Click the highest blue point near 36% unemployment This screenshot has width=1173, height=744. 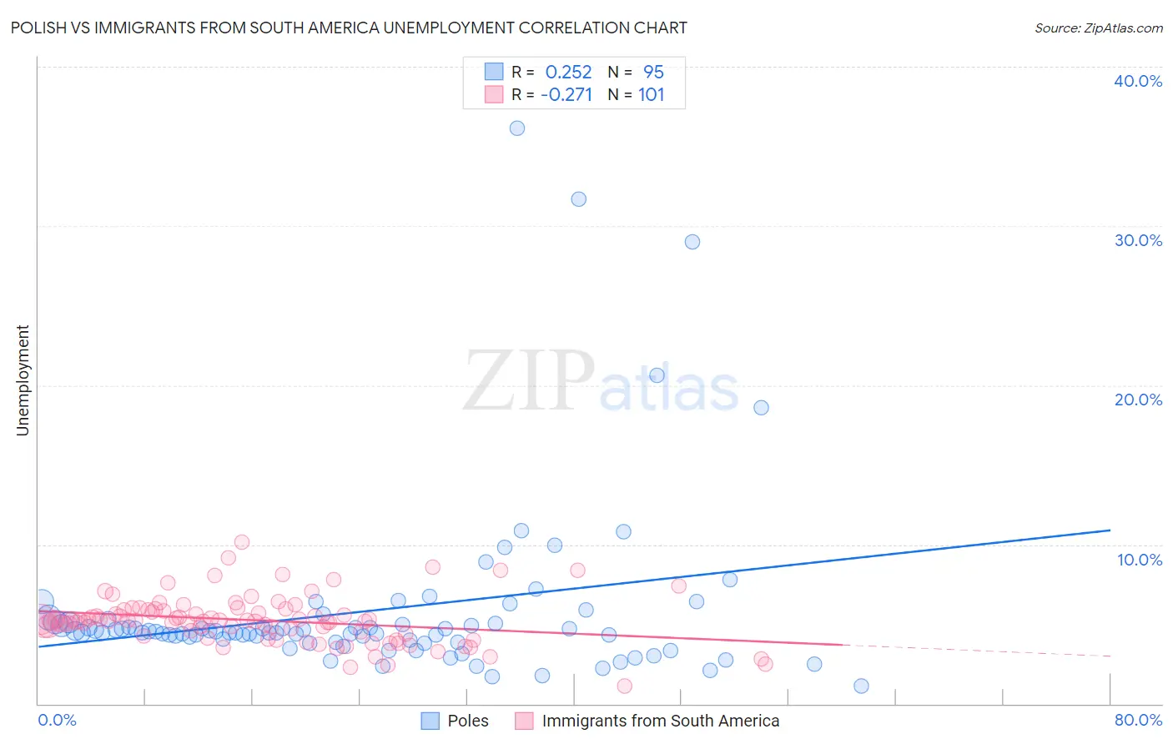click(517, 128)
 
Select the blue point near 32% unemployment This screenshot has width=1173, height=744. click(578, 199)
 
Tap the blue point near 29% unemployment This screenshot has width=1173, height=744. click(692, 242)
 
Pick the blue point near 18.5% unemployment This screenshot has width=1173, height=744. click(761, 408)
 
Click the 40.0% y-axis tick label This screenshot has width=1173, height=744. click(1138, 81)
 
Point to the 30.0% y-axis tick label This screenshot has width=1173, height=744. click(1138, 240)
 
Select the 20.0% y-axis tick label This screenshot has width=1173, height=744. click(1138, 400)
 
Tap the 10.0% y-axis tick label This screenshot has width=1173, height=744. click(1140, 560)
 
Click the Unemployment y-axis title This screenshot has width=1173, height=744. click(23, 380)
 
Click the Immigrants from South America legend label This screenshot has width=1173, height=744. click(660, 721)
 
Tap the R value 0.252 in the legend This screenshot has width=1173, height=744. click(568, 73)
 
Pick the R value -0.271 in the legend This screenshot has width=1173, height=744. click(566, 95)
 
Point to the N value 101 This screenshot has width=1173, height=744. click(652, 95)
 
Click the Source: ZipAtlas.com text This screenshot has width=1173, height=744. click(1098, 28)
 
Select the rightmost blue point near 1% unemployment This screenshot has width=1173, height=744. click(861, 686)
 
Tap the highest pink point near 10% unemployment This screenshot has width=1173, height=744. click(242, 542)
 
